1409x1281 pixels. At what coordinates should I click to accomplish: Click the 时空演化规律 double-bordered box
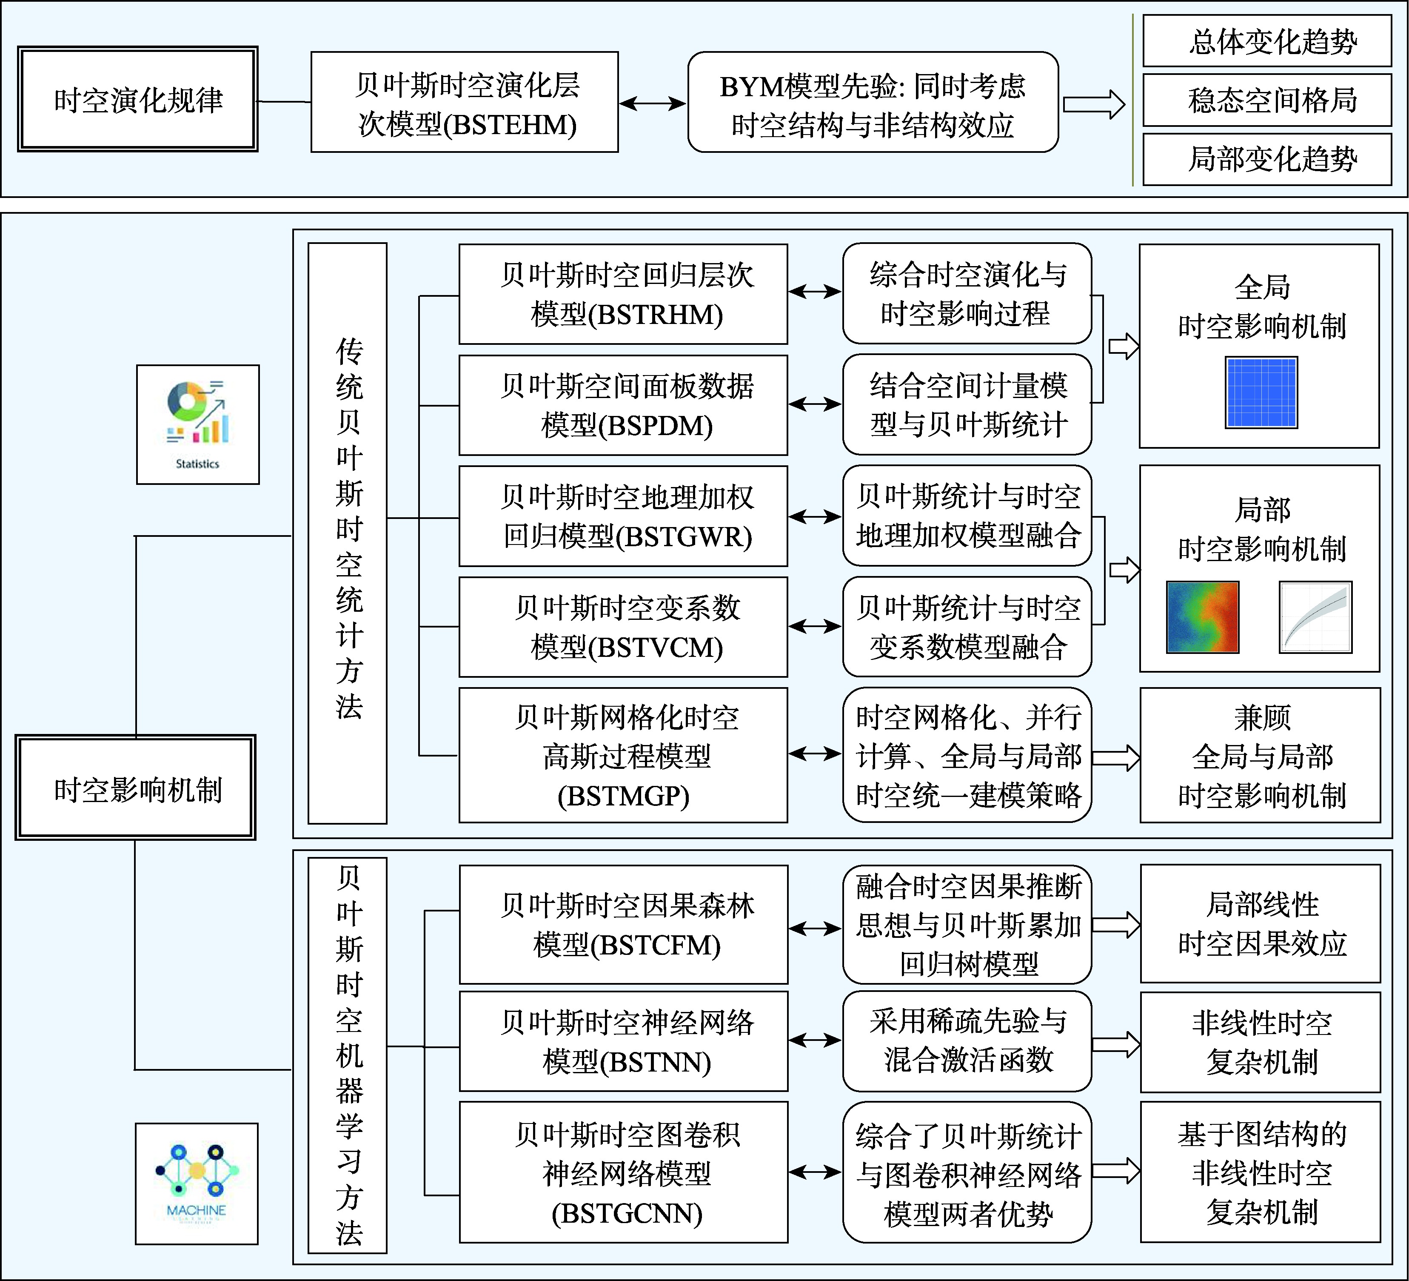tap(138, 99)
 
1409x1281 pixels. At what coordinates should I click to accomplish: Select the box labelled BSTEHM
tap(465, 102)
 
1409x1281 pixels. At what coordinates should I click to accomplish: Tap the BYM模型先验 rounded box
tap(873, 102)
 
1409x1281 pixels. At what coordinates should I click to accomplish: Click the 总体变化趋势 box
tap(1266, 41)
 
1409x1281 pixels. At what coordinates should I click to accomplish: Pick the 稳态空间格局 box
tap(1266, 100)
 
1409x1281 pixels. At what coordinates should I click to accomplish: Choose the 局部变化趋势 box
tap(1266, 159)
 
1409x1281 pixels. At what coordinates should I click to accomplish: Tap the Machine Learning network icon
tap(197, 1183)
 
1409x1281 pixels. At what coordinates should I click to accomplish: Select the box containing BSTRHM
tap(623, 294)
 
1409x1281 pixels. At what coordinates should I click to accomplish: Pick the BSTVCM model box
tap(623, 627)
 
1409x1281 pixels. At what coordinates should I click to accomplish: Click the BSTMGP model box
tap(623, 755)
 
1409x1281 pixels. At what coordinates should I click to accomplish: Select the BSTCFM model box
tap(623, 924)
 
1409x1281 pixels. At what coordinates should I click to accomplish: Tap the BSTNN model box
tap(623, 1041)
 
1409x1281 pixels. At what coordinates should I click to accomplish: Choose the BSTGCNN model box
tap(623, 1172)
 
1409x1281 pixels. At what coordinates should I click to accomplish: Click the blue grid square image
tap(1261, 392)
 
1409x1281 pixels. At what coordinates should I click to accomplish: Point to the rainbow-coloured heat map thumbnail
tap(1202, 617)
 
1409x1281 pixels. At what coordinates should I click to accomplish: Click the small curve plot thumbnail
tap(1315, 617)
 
